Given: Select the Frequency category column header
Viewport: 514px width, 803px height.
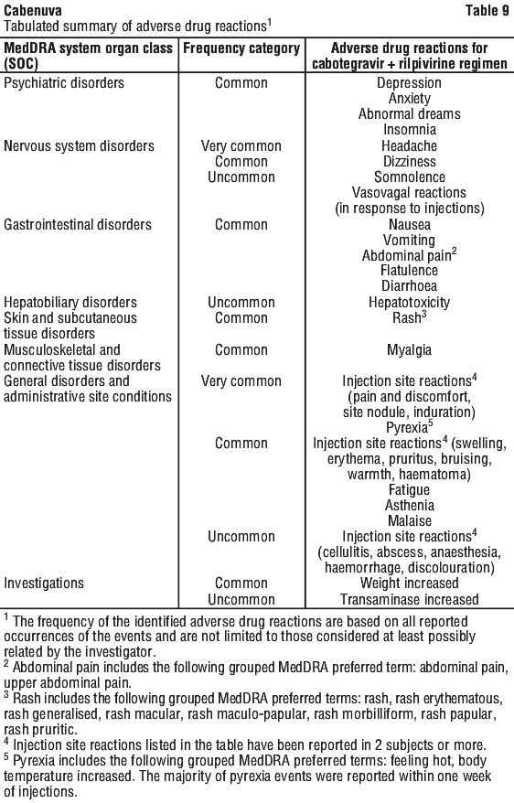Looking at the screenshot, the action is pos(241,48).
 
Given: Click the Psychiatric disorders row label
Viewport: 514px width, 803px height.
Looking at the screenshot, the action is pos(64,83).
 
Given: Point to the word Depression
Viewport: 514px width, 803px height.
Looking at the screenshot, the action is pos(409,83).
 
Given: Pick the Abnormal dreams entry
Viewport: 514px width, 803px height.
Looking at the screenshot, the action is pos(409,113).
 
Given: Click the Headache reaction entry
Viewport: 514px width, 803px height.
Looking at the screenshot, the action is pos(409,146).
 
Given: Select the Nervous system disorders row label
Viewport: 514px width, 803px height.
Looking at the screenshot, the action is pos(79,146).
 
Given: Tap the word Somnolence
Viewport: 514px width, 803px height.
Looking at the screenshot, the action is pos(410,177).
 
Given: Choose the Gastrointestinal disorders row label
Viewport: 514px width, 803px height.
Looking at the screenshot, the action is pos(78,225).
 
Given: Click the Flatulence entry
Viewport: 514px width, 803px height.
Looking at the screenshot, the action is pos(409,271).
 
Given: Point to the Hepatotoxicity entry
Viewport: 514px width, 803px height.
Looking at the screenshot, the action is pos(409,302).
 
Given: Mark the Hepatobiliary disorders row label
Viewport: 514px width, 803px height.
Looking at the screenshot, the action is pos(70,302).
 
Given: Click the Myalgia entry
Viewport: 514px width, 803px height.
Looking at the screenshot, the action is pos(409,350).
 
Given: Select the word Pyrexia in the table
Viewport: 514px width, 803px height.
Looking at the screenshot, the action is pos(406,428).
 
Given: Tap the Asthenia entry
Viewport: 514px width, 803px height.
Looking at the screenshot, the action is pos(410,506).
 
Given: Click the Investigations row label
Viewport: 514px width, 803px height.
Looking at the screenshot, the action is pos(44,584).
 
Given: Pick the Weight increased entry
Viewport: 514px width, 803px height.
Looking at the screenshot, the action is pos(410,584).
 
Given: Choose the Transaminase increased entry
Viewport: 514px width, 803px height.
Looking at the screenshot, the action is pos(410,599).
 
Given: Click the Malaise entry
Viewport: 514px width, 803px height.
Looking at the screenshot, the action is pos(410,520).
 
